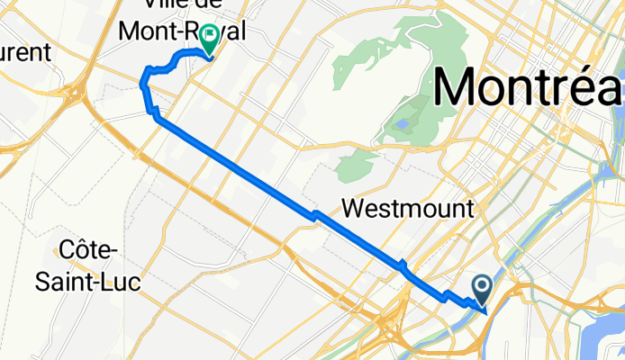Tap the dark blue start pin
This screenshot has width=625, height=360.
pos(481,289)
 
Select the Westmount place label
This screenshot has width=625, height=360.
pos(408,210)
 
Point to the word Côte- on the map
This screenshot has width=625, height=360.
pos(88,248)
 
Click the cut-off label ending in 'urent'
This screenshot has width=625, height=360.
pos(25,51)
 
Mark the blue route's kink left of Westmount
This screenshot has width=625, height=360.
pos(314,214)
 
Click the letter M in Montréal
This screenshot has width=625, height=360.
pos(459,88)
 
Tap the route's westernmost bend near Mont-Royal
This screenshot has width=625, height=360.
pos(141,84)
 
